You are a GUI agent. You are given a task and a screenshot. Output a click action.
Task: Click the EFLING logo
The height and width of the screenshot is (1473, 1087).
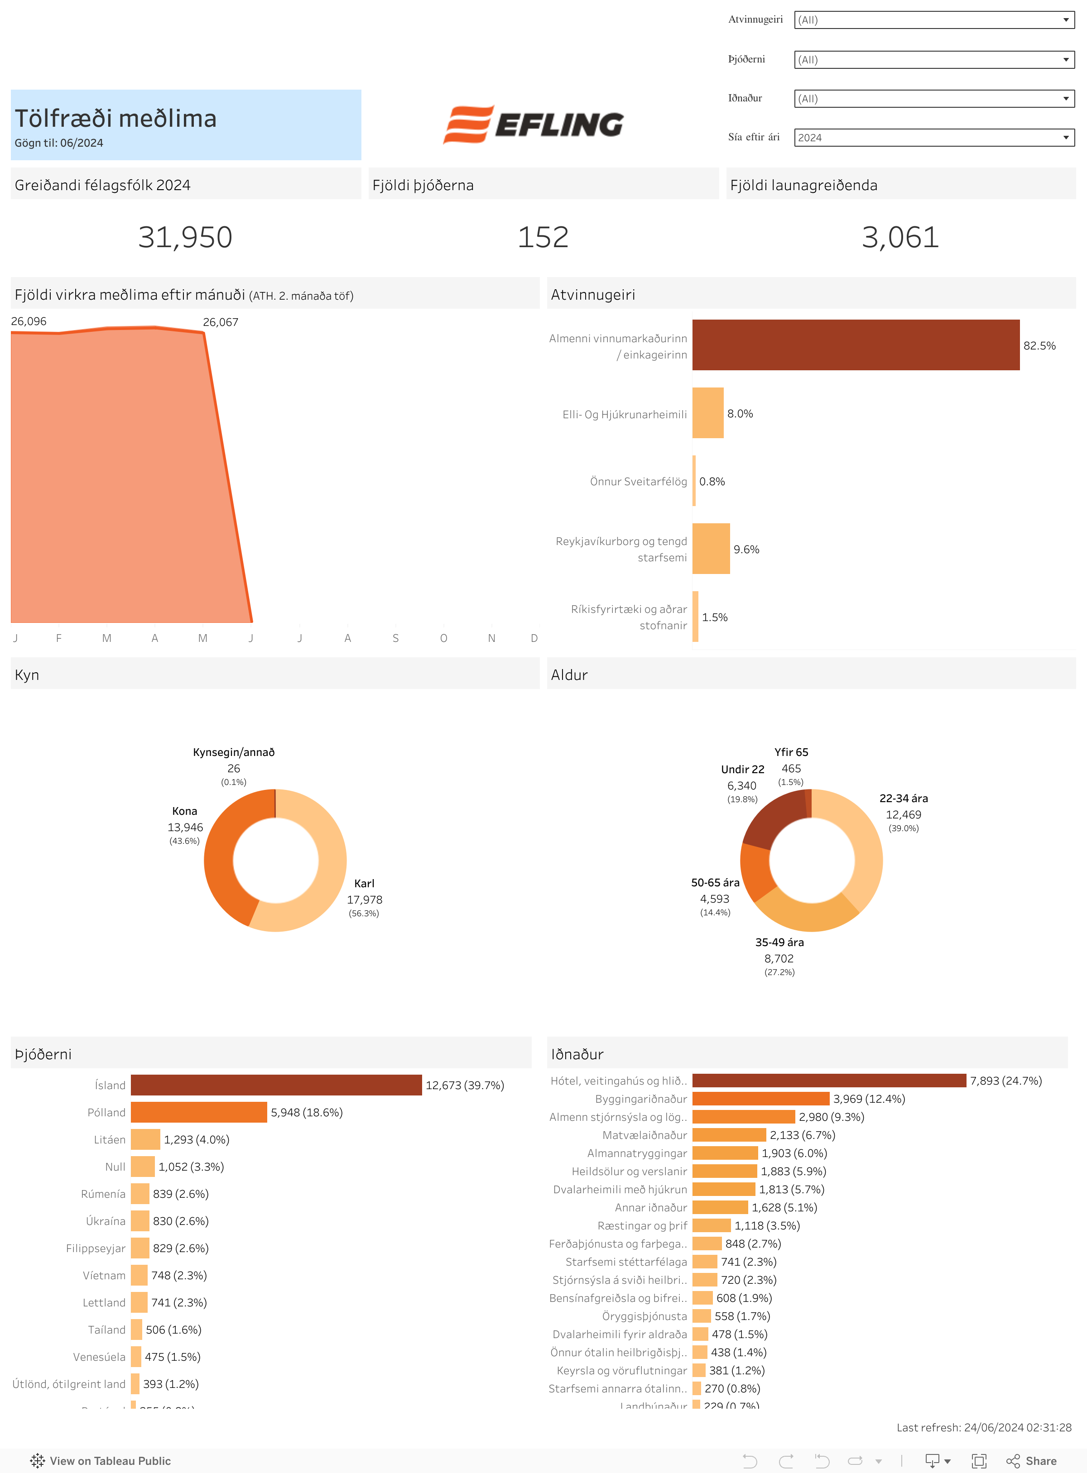[x=533, y=124]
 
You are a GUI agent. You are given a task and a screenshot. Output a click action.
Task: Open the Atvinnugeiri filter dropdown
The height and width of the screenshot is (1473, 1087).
[x=934, y=20]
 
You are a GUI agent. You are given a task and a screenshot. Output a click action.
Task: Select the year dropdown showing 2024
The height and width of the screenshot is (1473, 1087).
[x=934, y=138]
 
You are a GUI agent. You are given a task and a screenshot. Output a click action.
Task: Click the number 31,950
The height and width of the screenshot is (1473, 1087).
[x=185, y=237]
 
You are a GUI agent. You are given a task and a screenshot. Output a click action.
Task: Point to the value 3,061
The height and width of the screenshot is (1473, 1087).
[x=900, y=237]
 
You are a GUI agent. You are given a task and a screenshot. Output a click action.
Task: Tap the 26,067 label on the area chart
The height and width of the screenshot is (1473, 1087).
[x=221, y=322]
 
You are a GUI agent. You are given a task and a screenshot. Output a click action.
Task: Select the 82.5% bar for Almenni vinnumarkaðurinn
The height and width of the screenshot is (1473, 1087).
[x=856, y=345]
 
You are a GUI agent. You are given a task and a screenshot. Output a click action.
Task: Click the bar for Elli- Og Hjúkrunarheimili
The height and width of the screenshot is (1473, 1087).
[x=707, y=413]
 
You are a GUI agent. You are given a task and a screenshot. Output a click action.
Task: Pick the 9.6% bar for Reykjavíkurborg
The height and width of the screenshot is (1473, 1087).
[x=711, y=549]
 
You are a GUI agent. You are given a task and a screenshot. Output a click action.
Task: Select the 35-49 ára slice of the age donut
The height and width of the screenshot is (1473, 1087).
[x=806, y=914]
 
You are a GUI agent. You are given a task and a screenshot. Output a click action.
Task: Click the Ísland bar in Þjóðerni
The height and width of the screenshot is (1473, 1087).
[x=276, y=1085]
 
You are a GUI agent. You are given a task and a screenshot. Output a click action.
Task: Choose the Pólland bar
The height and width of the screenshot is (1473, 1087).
[x=199, y=1112]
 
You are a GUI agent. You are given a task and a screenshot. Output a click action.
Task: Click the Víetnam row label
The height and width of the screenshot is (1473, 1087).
[x=104, y=1275]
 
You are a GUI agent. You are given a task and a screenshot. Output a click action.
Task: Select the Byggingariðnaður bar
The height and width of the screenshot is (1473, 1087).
[x=760, y=1099]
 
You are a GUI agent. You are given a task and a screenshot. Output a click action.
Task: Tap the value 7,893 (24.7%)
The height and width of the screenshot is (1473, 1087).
[x=1005, y=1081]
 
